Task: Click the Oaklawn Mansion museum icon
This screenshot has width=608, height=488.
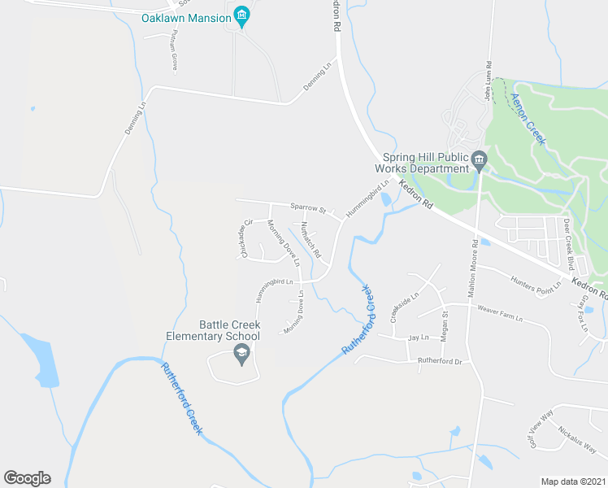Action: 241,16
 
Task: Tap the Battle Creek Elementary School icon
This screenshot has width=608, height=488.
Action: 241,353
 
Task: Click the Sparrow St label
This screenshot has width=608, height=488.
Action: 308,208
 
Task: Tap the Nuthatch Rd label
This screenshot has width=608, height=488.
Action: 311,239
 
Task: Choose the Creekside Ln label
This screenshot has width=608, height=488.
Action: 404,308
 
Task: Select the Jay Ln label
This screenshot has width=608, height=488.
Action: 419,337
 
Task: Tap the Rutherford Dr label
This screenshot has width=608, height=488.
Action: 439,361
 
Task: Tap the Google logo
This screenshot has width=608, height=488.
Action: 27,478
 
